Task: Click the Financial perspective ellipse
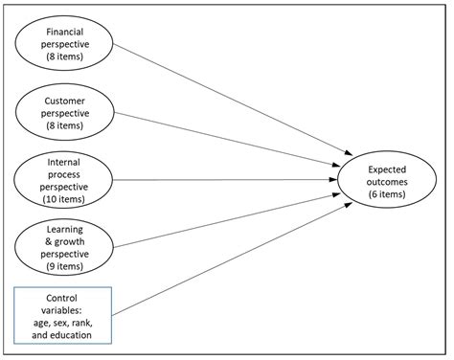[x=64, y=44]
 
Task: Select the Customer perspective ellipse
[x=64, y=112]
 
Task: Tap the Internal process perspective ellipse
[x=64, y=179]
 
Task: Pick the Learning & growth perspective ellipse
[x=64, y=247]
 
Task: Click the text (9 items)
[x=64, y=265]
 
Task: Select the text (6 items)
[x=386, y=193]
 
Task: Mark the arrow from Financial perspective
[x=230, y=103]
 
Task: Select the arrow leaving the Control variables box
[x=230, y=253]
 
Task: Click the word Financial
[x=64, y=32]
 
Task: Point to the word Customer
[x=64, y=100]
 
